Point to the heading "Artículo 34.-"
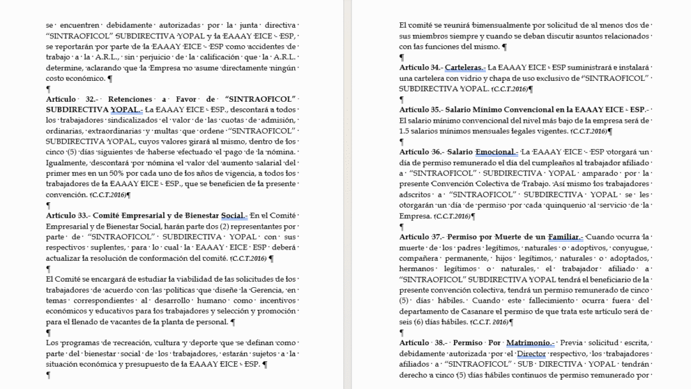[x=422, y=68]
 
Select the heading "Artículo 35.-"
[x=422, y=110]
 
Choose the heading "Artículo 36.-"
[x=422, y=152]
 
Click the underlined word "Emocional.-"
[x=497, y=152]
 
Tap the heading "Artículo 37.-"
[x=422, y=237]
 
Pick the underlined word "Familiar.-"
[x=565, y=237]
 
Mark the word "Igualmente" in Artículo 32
[x=70, y=163]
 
